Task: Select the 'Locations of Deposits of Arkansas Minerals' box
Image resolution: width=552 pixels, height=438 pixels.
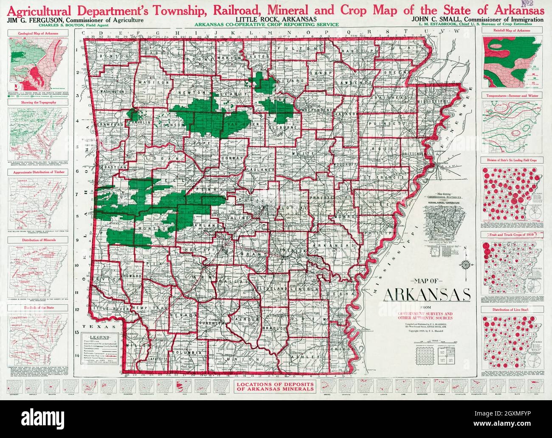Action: [x=276, y=387]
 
